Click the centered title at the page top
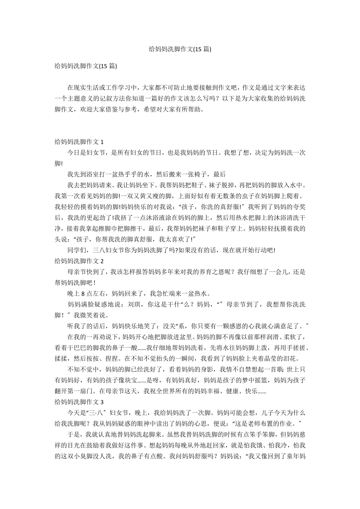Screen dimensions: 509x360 pyautogui.click(x=180, y=49)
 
